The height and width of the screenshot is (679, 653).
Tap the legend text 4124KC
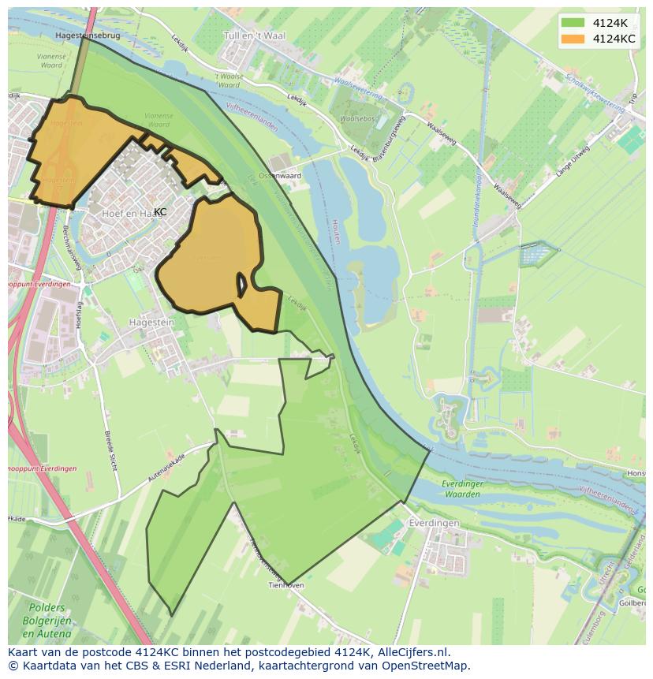pos(614,39)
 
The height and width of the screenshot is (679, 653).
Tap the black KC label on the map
pos(160,212)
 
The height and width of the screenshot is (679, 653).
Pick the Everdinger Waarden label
pos(461,489)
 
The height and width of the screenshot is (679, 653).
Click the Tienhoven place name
pos(286,586)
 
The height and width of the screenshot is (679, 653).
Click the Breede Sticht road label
pos(111,451)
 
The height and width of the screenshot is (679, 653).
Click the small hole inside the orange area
pos(243,285)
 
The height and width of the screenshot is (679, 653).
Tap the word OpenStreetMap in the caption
pos(426,666)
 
